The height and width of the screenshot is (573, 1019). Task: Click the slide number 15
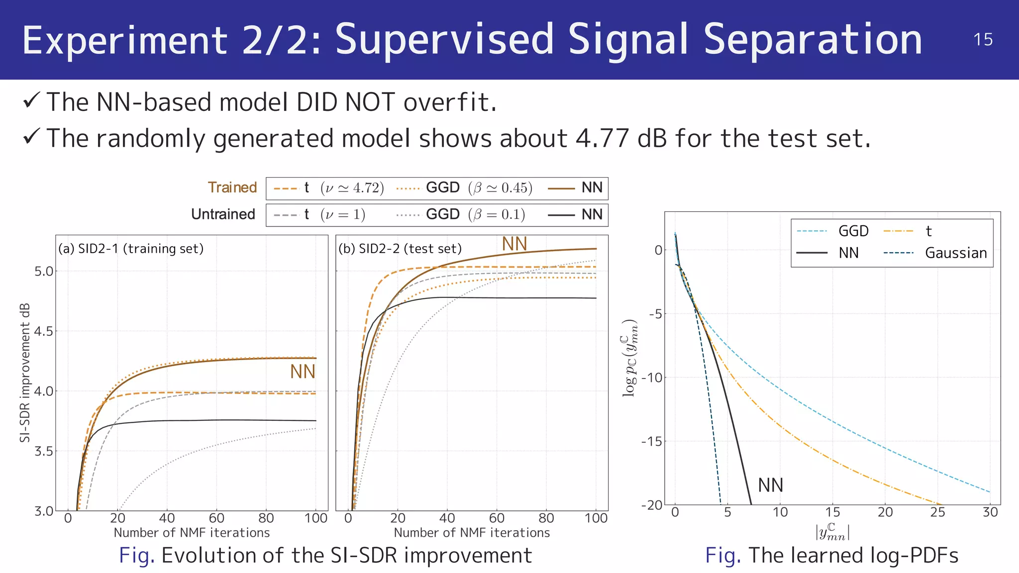983,40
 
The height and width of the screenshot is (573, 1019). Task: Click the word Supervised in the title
445,40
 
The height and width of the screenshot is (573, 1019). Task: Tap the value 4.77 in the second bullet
602,138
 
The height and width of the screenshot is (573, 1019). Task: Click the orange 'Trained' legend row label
232,188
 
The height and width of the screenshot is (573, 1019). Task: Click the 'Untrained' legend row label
223,214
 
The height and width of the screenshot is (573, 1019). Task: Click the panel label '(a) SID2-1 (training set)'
131,249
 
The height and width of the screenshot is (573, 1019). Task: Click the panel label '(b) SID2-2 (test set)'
400,249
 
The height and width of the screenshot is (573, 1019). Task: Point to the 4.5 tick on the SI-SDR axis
43,331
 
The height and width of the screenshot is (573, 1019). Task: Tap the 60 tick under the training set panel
216,518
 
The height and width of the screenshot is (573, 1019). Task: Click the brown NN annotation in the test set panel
514,244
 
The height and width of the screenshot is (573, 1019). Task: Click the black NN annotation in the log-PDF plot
770,485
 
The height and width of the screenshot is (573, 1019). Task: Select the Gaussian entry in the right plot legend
955,253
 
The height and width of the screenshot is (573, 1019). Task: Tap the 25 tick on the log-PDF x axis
937,512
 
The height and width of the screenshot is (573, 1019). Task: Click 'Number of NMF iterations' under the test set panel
472,533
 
